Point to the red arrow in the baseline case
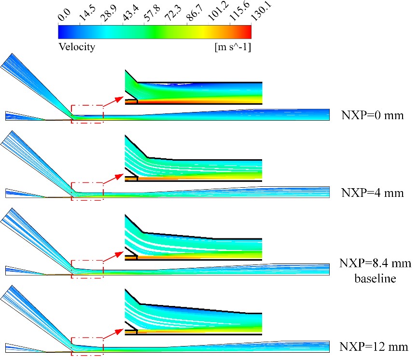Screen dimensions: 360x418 pyautogui.click(x=113, y=256)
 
